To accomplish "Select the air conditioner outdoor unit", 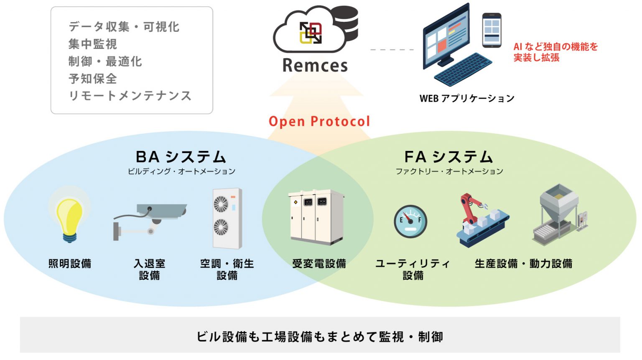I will pos(227,218).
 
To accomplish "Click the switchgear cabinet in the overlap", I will pos(316,217).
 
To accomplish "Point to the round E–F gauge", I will pos(410,221).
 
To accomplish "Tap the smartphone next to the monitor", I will pos(492,30).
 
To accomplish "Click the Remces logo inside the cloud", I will pos(311,33).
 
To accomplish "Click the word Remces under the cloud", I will pos(315,66).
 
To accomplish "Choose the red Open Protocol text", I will pos(319,121).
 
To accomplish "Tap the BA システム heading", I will pos(181,157).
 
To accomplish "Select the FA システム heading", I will pos(448,157).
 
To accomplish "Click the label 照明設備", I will pos(70,264).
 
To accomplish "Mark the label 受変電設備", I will pos(319,264).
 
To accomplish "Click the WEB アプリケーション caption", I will pos(466,99).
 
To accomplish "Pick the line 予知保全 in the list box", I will pos(93,79).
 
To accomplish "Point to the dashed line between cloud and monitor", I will pos(392,50).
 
